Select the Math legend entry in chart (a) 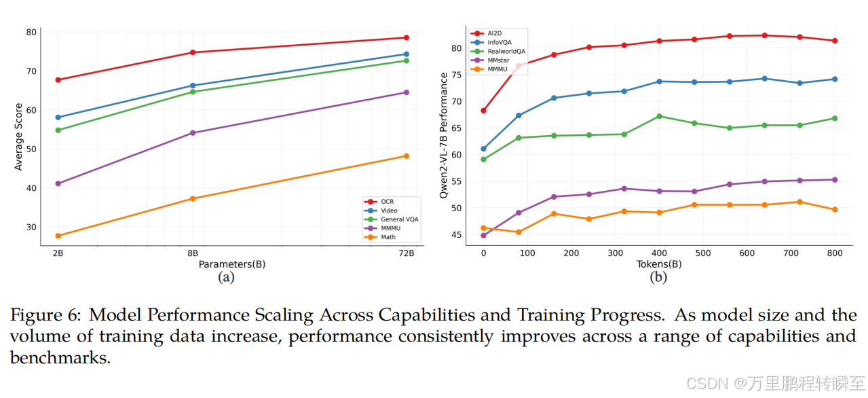click(x=387, y=237)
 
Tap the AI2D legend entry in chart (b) click(x=494, y=33)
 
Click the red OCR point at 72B click(x=406, y=37)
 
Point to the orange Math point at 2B click(x=58, y=236)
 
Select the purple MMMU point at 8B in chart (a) click(x=193, y=133)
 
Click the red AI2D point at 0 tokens click(x=483, y=110)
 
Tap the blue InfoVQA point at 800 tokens click(x=835, y=79)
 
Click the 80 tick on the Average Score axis click(x=31, y=32)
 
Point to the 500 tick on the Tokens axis click(x=703, y=253)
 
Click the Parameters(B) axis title click(x=231, y=264)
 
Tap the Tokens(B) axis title click(x=658, y=264)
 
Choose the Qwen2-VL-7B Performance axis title click(x=445, y=135)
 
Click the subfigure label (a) click(x=225, y=277)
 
